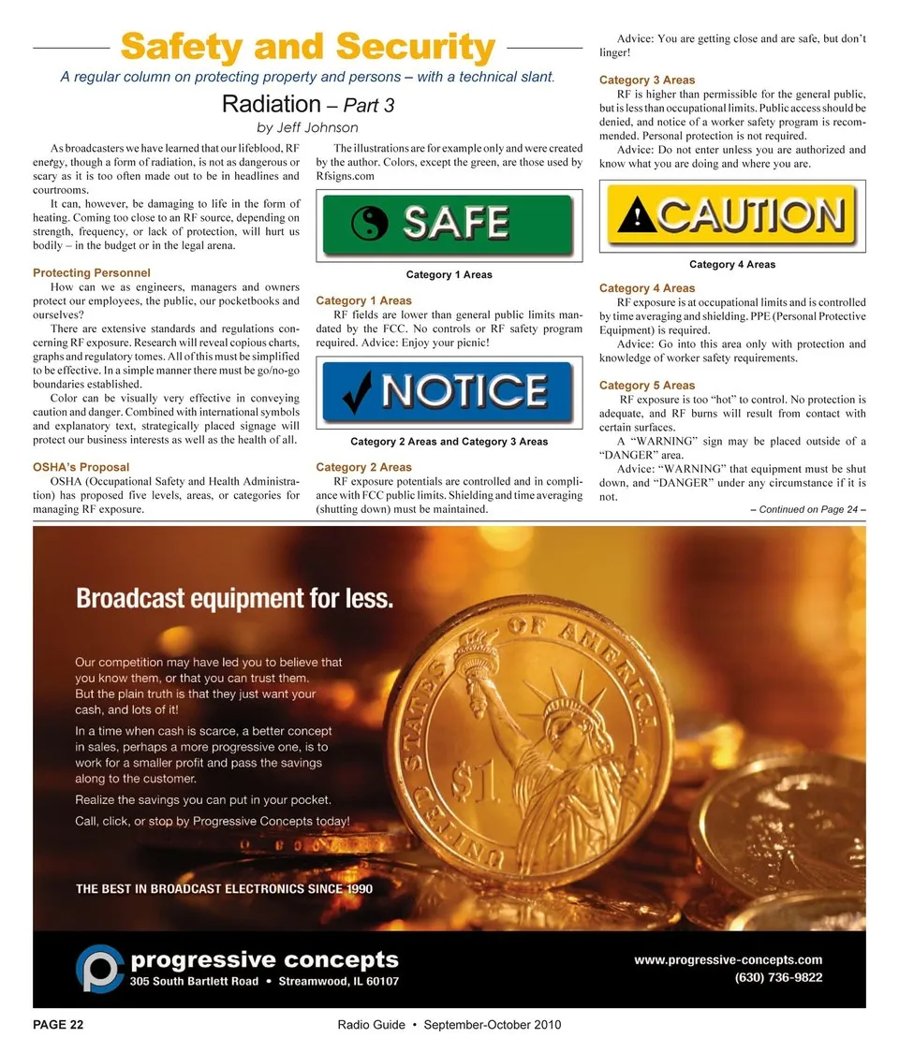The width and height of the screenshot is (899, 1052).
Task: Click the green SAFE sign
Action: click(x=447, y=225)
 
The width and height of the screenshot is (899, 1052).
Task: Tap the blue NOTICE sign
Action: click(x=447, y=391)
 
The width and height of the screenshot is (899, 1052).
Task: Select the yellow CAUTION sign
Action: click(x=731, y=215)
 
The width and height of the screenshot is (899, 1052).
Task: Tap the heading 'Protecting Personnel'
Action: click(x=92, y=272)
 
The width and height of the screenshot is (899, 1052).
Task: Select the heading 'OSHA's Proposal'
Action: click(x=81, y=467)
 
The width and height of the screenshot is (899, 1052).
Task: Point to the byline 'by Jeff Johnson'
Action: click(x=307, y=127)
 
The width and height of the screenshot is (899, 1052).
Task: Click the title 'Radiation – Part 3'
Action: click(x=307, y=104)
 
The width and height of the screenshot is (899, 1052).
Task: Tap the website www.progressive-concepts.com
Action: click(x=728, y=959)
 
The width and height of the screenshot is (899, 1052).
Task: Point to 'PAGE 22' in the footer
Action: click(x=58, y=1025)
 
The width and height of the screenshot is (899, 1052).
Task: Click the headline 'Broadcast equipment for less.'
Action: click(x=235, y=598)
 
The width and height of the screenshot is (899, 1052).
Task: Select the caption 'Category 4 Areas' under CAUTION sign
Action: click(x=731, y=265)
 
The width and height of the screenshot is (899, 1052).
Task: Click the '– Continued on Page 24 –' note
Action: click(x=807, y=510)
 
